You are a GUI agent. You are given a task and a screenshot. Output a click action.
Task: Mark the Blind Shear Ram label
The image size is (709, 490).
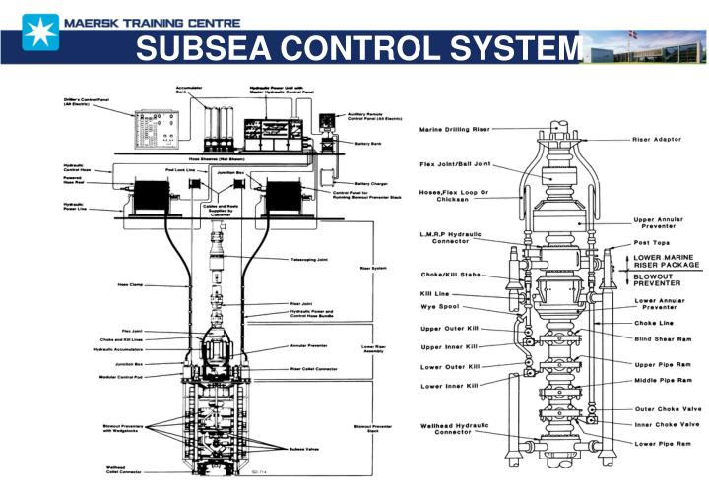pos(663,337)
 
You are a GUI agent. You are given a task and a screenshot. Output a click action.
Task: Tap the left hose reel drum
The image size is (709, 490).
pos(158,196)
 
